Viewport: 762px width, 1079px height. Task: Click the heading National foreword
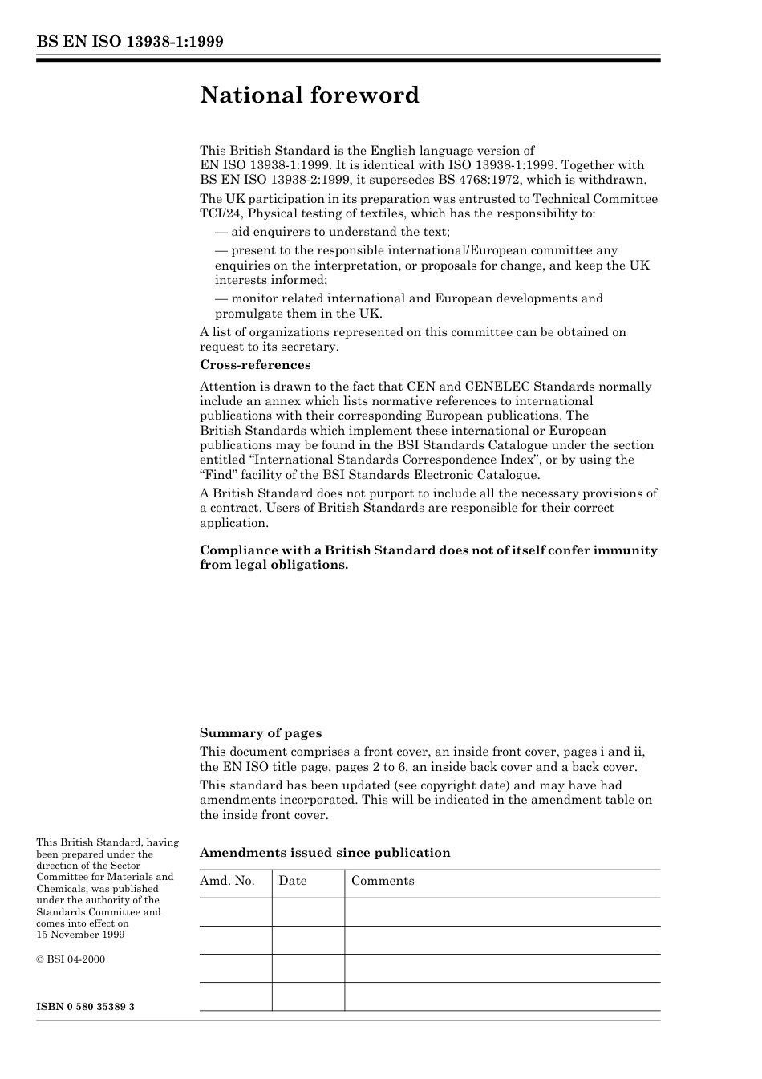point(310,95)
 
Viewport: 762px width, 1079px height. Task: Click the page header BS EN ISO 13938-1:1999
point(130,42)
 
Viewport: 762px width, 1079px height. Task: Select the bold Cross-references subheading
point(255,365)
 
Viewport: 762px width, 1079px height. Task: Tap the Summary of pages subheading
point(261,733)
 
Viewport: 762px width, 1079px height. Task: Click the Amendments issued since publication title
point(325,853)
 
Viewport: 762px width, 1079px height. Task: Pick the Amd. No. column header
point(227,881)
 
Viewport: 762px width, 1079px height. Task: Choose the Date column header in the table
point(293,881)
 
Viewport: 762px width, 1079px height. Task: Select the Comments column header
point(383,881)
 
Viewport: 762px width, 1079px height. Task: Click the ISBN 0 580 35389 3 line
point(85,1006)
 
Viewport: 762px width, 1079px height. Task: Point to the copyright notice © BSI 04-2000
point(71,959)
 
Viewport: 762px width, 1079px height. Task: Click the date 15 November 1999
point(80,935)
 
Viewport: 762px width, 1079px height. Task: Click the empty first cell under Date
point(308,912)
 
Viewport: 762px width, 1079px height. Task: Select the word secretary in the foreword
point(310,347)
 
